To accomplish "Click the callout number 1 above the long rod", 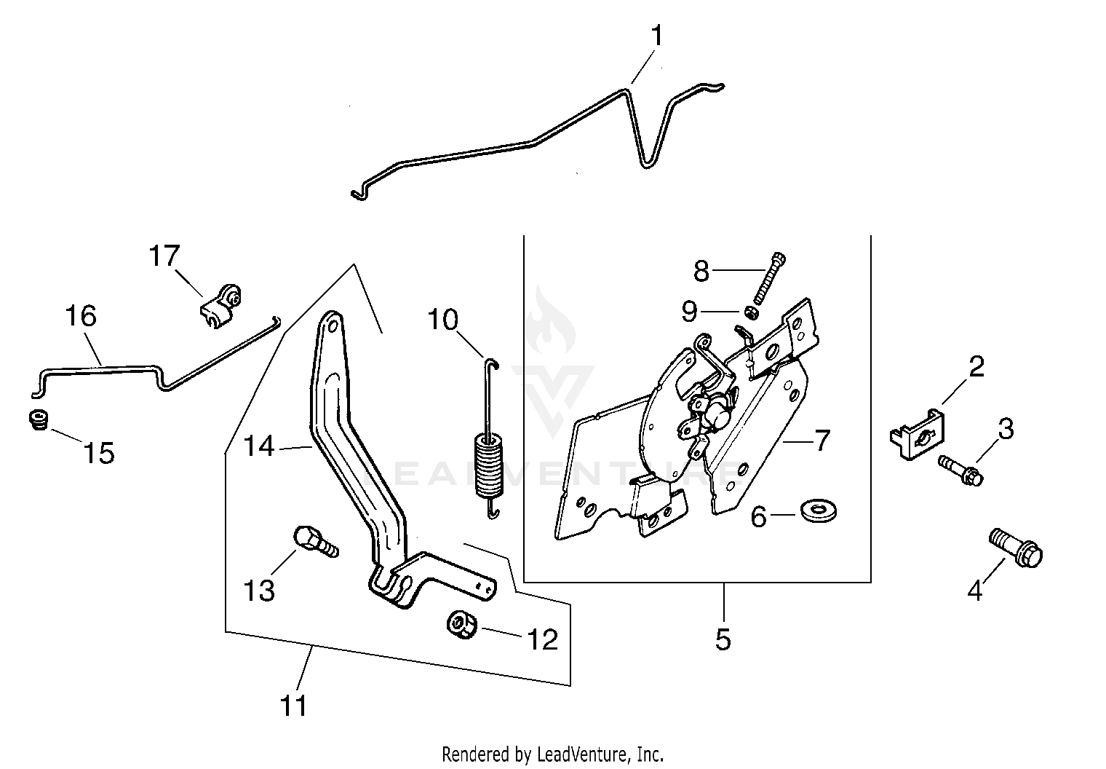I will (x=656, y=36).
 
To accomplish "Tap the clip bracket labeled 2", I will (x=915, y=434).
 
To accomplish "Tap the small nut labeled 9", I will (x=752, y=312).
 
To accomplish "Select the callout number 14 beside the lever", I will (x=259, y=445).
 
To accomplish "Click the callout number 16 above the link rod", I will (x=81, y=317).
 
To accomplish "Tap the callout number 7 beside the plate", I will (x=821, y=440).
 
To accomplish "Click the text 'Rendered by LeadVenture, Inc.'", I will (x=553, y=753).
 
